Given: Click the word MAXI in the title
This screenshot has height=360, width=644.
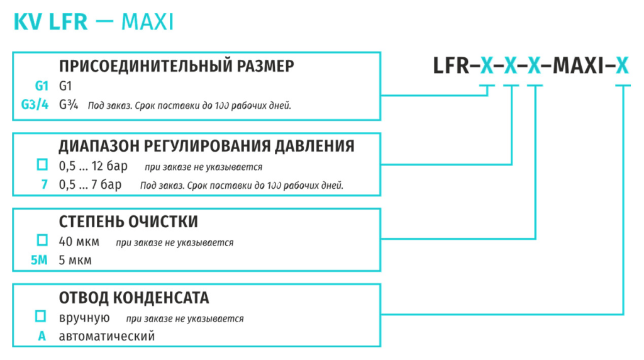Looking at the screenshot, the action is [x=147, y=22].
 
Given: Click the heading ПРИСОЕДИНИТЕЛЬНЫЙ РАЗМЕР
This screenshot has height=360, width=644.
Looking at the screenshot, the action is [x=177, y=66].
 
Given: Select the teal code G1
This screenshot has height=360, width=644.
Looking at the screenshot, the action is [x=42, y=86].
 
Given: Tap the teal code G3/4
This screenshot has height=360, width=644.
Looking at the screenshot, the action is [x=35, y=105].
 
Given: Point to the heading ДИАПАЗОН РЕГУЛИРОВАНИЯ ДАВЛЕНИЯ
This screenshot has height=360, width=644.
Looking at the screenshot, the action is [x=206, y=146].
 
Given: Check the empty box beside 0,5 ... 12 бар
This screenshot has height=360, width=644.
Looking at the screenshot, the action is [x=42, y=164].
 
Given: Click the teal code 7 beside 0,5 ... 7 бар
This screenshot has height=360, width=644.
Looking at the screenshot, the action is [x=45, y=184].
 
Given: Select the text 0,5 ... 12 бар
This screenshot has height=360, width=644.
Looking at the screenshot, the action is [x=93, y=166].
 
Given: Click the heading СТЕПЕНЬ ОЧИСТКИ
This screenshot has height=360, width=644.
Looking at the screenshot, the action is [x=128, y=222].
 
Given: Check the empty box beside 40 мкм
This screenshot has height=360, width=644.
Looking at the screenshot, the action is [x=42, y=240].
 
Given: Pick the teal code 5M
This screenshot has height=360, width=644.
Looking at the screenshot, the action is [x=40, y=260].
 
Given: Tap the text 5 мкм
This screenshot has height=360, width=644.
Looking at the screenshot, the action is [x=75, y=261].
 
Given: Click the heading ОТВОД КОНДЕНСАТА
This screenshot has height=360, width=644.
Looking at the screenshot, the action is [x=134, y=298].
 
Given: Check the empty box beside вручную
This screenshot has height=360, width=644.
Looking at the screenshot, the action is [x=40, y=316].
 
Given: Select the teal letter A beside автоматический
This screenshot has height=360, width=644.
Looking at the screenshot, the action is [x=42, y=336].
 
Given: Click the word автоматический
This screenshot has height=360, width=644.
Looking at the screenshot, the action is [x=107, y=336].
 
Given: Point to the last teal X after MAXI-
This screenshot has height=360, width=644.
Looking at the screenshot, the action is [x=622, y=65].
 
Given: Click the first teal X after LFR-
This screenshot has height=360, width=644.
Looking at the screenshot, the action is [x=487, y=65].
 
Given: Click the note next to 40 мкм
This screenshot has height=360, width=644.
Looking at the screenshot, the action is [x=175, y=243].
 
